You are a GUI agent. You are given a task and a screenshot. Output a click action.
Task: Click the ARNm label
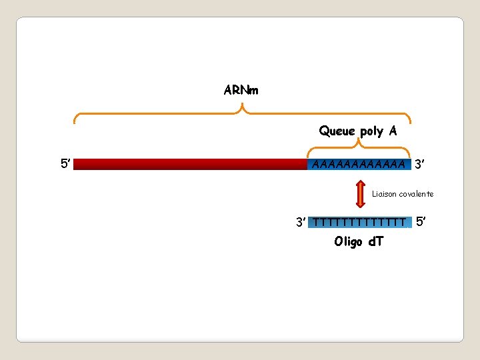pyautogui.click(x=241, y=89)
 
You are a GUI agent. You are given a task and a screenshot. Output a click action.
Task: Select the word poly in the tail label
pyautogui.click(x=372, y=131)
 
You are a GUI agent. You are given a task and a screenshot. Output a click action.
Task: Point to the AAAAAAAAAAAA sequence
pyautogui.click(x=359, y=164)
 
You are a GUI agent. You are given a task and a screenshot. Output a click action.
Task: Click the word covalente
pyautogui.click(x=417, y=194)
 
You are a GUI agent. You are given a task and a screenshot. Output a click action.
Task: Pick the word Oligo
pyautogui.click(x=348, y=241)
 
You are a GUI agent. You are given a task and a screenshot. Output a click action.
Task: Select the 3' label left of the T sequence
pyautogui.click(x=302, y=221)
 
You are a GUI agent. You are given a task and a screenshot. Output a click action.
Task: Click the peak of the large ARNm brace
pyautogui.click(x=241, y=107)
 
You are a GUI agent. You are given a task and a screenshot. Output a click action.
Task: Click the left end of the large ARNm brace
pyautogui.click(x=75, y=121)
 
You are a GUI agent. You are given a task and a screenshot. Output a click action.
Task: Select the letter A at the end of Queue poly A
pyautogui.click(x=393, y=131)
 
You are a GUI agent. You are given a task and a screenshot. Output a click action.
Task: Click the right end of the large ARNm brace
pyautogui.click(x=409, y=121)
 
